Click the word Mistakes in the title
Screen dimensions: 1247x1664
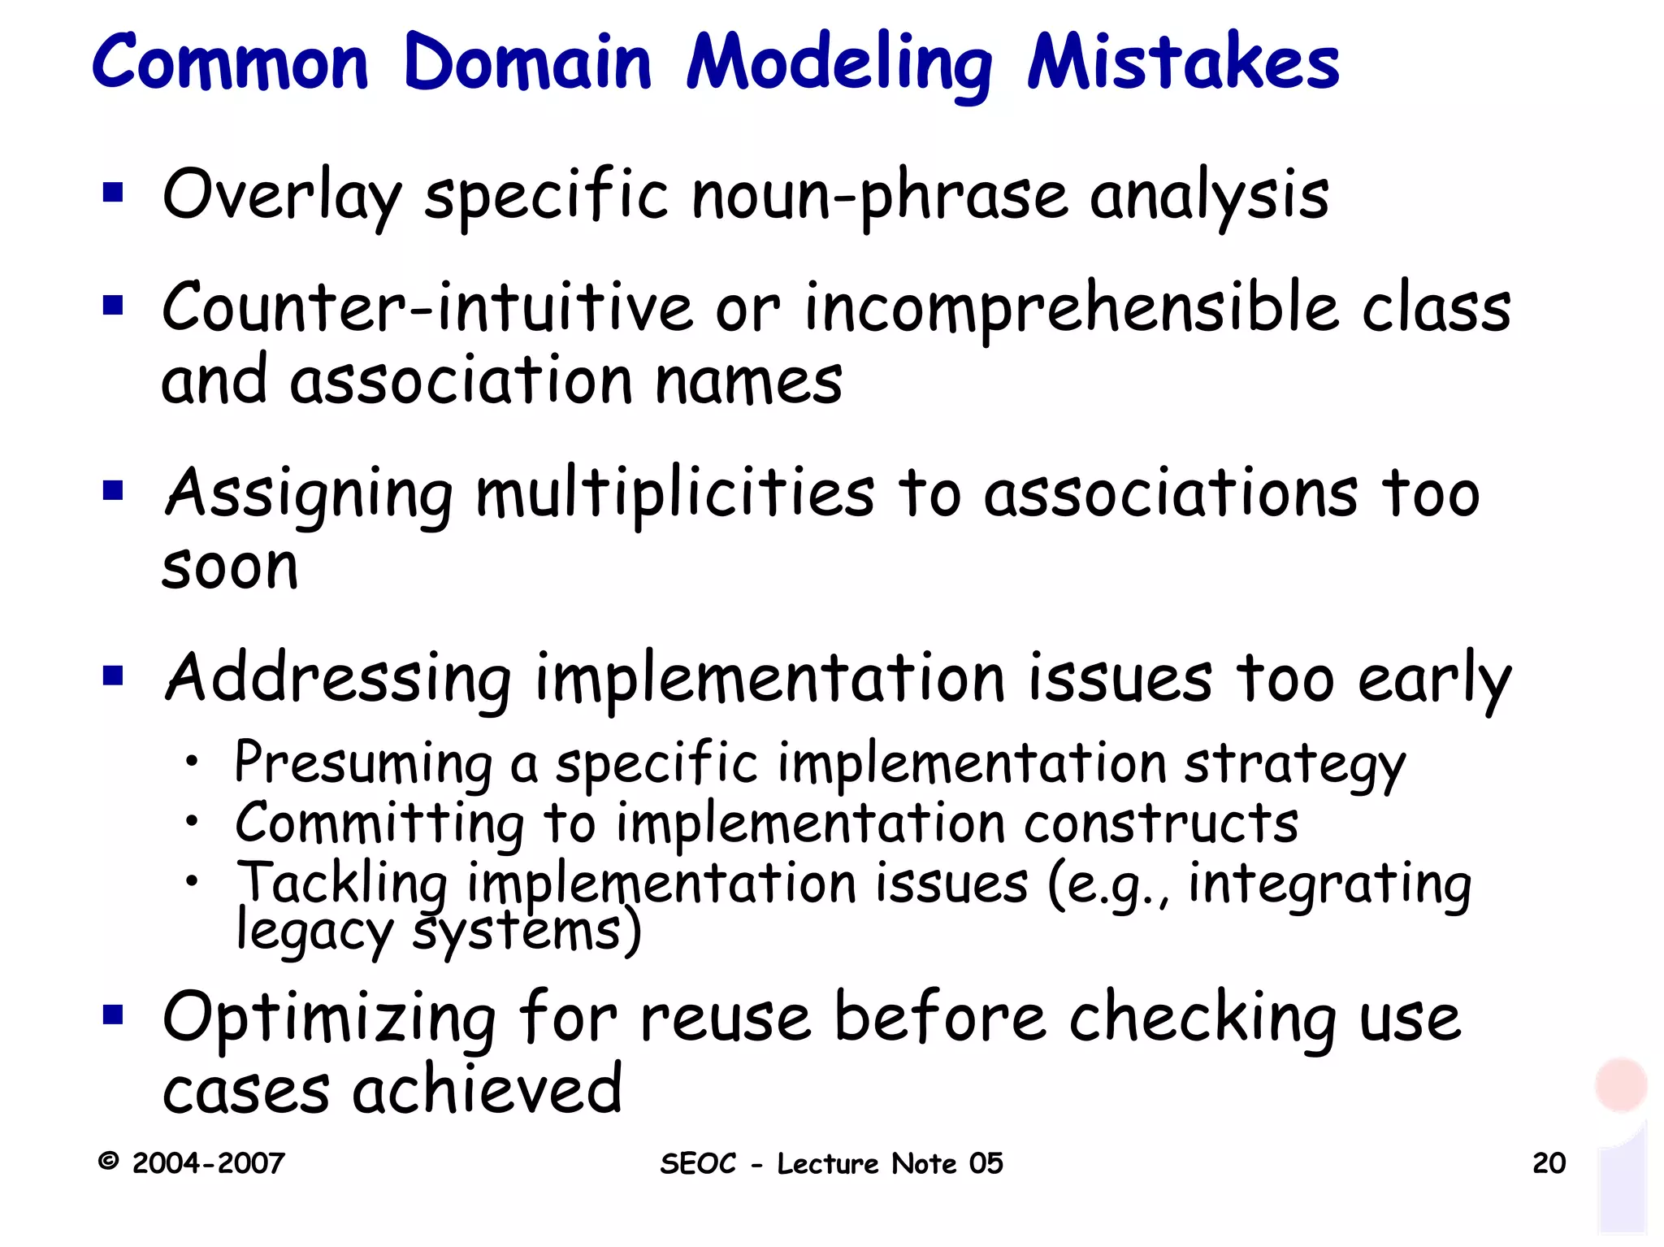[1183, 63]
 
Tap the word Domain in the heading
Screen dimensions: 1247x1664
[527, 63]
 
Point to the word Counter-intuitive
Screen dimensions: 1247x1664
[427, 308]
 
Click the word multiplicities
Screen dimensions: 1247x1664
[675, 494]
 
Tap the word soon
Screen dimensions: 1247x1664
[230, 567]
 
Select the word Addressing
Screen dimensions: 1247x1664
[338, 679]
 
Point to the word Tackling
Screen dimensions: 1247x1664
[341, 884]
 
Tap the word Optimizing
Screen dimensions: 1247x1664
[329, 1019]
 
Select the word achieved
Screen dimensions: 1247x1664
[487, 1089]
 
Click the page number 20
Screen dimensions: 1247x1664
[1549, 1163]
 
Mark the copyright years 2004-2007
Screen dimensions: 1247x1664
[208, 1163]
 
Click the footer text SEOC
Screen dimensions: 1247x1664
[698, 1163]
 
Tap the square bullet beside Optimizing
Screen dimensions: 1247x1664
[113, 1015]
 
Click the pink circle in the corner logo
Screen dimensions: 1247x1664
[1621, 1084]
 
